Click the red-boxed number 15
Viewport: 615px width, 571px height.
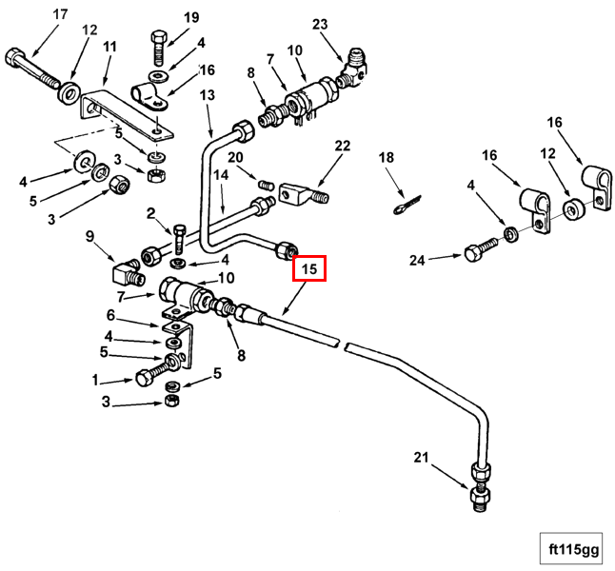pos(309,269)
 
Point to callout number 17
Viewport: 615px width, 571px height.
pos(60,14)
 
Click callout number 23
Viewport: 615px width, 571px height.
pos(319,24)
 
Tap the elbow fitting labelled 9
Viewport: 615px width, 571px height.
pos(125,273)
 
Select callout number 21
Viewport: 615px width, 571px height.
pos(421,459)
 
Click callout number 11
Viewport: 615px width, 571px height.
pos(109,46)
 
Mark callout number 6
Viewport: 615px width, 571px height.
pos(110,315)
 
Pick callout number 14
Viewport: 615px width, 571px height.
pos(221,175)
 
